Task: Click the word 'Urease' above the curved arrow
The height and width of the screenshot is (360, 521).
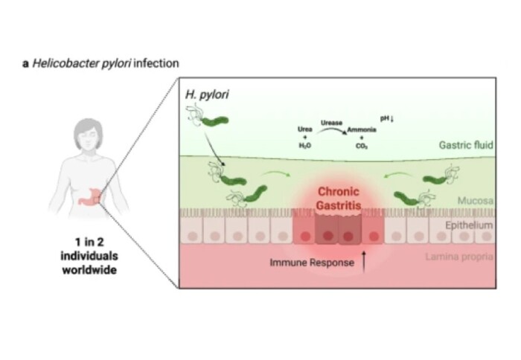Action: pos(331,121)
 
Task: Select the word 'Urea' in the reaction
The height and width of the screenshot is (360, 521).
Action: pos(305,129)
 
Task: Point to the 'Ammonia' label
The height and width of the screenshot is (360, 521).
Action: pos(362,129)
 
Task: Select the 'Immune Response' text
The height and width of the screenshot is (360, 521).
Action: pos(312,263)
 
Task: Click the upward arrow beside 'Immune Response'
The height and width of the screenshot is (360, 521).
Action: pos(364,262)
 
